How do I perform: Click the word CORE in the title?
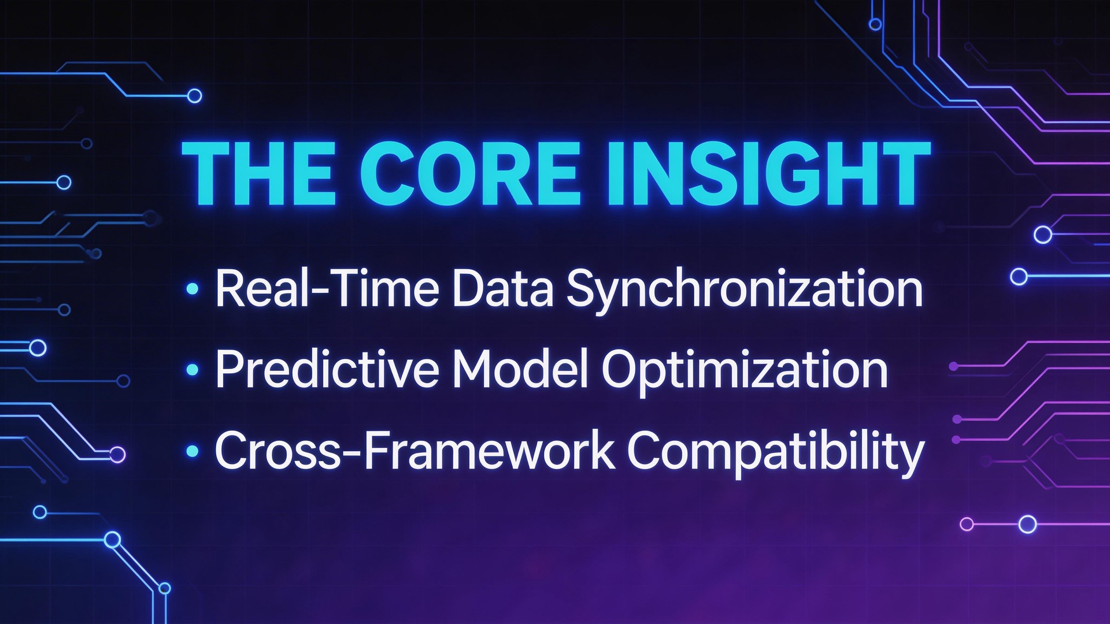pos(469,173)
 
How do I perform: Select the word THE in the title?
pos(258,173)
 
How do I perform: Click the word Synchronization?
pos(744,289)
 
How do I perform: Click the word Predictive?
pos(327,370)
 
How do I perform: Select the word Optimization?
pos(745,370)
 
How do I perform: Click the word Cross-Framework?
pos(414,451)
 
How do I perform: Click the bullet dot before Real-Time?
pos(193,289)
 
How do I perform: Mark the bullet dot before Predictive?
pos(193,370)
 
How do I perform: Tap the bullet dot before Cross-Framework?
pos(193,451)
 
